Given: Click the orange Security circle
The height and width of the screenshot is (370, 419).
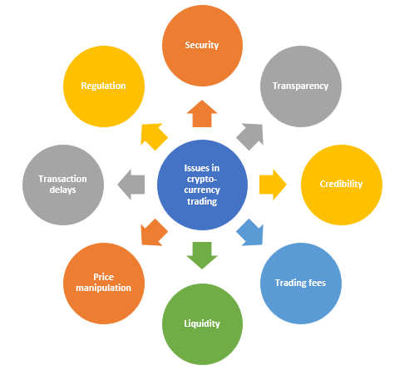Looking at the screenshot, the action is point(202,46).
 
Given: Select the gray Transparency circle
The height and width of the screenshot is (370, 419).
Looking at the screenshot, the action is point(301,86).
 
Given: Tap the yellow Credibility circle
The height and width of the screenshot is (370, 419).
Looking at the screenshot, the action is point(342,185).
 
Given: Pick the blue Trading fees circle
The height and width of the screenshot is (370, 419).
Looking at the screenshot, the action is point(301,284).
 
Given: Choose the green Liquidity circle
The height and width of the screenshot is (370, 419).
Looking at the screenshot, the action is point(202,324).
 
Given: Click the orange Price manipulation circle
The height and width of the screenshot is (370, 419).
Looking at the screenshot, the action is point(104,284).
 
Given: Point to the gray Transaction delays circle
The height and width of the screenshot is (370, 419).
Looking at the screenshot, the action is point(63,185).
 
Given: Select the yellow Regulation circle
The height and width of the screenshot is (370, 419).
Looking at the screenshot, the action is point(104,86).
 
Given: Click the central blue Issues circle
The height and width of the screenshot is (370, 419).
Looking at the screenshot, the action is point(202,185).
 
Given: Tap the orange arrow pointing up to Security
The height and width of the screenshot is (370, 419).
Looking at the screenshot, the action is point(202,114).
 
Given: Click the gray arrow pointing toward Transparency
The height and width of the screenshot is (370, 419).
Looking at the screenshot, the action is point(251,136).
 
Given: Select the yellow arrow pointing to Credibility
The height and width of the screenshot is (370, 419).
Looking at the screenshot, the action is point(273,185).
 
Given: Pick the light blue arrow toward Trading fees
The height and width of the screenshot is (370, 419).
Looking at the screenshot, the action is point(251,234).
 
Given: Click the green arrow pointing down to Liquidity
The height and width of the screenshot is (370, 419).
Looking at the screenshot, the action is point(202,255).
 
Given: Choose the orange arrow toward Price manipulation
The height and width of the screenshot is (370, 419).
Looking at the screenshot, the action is point(153,234).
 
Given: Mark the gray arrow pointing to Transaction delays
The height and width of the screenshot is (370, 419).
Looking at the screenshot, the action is point(131,185).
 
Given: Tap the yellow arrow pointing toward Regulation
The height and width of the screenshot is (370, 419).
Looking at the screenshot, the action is point(153,136).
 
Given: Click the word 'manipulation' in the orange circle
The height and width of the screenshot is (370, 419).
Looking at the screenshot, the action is point(104,289).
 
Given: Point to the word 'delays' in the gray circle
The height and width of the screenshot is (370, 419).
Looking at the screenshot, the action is point(63,190).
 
